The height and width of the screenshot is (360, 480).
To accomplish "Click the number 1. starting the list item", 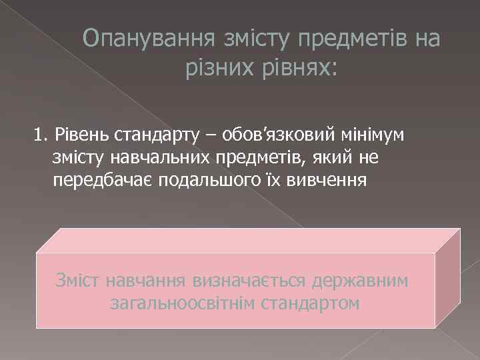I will click(41, 137).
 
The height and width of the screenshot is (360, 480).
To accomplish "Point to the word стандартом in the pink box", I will click(311, 303).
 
